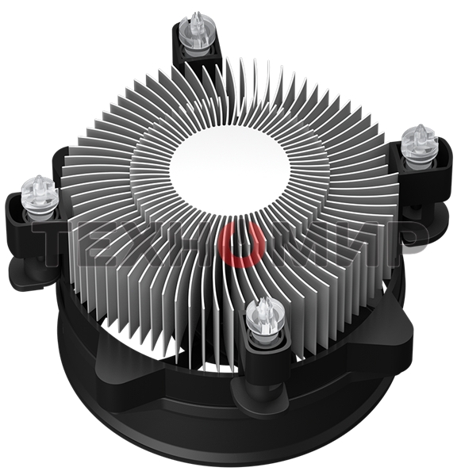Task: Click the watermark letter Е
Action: coord(102,239)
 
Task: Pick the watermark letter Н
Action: coord(194,239)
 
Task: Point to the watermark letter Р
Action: coord(404,239)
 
